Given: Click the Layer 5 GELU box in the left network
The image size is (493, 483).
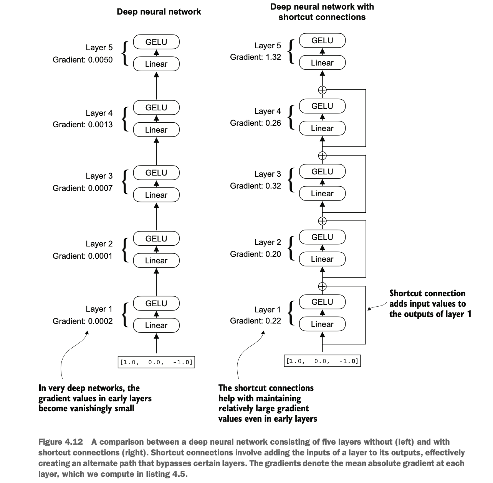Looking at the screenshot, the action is pyautogui.click(x=156, y=42).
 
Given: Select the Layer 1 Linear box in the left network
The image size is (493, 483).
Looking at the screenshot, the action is pyautogui.click(x=156, y=325).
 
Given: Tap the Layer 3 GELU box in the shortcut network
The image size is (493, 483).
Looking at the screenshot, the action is pyautogui.click(x=323, y=171).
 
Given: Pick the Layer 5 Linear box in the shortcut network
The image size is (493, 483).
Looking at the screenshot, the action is pyautogui.click(x=323, y=62).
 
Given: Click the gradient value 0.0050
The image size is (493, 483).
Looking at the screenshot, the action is pyautogui.click(x=100, y=60).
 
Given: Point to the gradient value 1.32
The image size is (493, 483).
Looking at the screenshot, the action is pyautogui.click(x=273, y=57).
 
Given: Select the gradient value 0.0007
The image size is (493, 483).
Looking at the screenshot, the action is pyautogui.click(x=100, y=188).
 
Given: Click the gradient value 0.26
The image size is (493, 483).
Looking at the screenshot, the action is pyautogui.click(x=273, y=123).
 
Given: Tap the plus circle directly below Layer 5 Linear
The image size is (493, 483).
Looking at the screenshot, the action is pyautogui.click(x=323, y=90).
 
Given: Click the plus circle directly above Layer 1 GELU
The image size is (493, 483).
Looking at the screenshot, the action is pyautogui.click(x=323, y=287).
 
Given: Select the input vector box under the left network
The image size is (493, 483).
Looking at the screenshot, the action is pyautogui.click(x=156, y=362).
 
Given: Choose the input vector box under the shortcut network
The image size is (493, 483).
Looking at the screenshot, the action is pyautogui.click(x=323, y=361).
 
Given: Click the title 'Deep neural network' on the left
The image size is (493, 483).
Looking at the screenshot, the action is pyautogui.click(x=159, y=12).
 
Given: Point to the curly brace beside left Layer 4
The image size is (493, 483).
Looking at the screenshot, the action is pyautogui.click(x=125, y=119).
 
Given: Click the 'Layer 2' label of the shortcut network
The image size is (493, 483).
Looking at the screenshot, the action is pyautogui.click(x=268, y=242).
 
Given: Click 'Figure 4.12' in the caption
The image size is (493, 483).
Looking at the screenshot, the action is pyautogui.click(x=61, y=442).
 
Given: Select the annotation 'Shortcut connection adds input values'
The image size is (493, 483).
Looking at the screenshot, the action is pyautogui.click(x=427, y=299).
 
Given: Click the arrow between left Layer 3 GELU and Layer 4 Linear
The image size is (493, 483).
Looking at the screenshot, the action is pyautogui.click(x=157, y=151).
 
